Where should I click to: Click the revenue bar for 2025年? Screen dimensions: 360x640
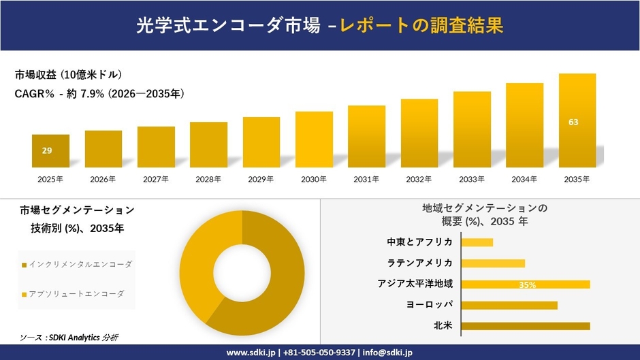click(50, 150)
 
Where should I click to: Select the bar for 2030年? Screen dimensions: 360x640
click(314, 139)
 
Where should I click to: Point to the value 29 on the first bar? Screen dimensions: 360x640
click(47, 150)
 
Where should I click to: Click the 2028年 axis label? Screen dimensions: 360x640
click(208, 179)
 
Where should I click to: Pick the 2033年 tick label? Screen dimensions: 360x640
click(472, 179)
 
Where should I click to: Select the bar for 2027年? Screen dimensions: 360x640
click(156, 146)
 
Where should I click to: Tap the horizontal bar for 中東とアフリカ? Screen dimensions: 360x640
click(477, 242)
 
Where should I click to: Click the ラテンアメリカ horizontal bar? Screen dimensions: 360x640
click(493, 263)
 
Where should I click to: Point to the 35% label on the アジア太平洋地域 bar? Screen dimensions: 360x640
click(527, 285)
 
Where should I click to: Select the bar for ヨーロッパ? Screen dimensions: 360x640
click(509, 305)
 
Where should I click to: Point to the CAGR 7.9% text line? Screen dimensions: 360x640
click(99, 93)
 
